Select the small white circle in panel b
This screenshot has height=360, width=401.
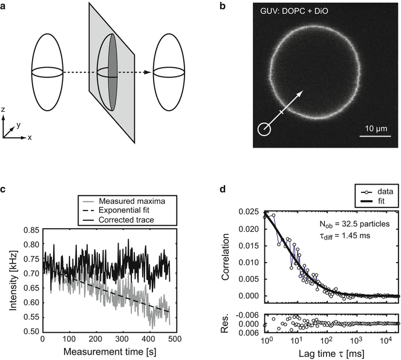click(x=264, y=128)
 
